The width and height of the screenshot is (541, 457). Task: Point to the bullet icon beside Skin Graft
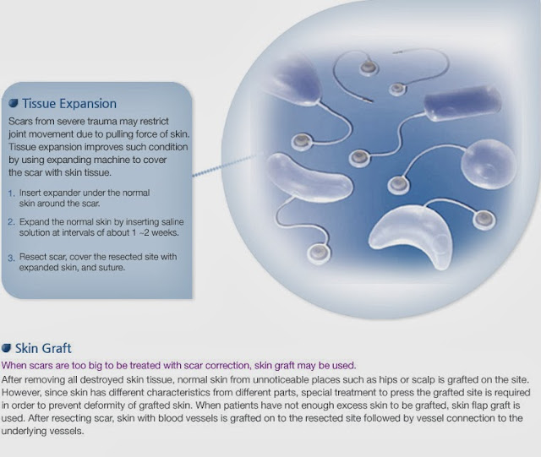tap(8, 348)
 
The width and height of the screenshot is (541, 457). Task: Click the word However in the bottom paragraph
tap(25, 393)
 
